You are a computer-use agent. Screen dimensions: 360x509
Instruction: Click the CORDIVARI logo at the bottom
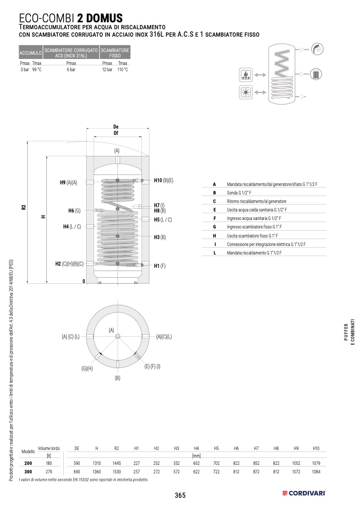coord(304,494)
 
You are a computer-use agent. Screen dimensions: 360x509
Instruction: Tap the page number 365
coord(180,495)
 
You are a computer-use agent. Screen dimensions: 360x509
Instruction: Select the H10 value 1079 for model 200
coord(316,463)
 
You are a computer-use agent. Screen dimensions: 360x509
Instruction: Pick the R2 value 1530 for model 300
coord(116,472)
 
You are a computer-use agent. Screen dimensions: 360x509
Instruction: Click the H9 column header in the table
coord(296,448)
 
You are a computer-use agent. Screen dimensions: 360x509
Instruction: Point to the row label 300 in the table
coord(28,472)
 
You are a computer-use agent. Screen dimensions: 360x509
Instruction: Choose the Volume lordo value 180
coord(49,463)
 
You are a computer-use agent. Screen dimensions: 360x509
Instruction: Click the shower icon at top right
coord(317,49)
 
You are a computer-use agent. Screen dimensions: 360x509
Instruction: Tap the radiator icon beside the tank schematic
coord(316,74)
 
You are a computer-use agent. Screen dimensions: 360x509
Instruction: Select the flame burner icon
coord(246,75)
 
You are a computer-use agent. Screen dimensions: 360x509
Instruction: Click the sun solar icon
coord(246,92)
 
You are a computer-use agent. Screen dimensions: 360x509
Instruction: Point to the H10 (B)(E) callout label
coord(163,181)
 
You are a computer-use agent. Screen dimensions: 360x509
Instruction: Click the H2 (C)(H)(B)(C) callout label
coord(70,264)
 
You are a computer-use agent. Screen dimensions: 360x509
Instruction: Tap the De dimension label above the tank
coord(116,126)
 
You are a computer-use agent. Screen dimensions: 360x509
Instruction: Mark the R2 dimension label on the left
coord(24,207)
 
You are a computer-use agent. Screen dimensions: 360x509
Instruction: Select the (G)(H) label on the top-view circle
coord(87,368)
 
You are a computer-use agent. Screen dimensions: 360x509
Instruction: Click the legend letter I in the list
coord(215,244)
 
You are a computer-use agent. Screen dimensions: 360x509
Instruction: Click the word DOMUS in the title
coord(104,18)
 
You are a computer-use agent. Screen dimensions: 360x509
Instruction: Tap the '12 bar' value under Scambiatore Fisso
coord(107,70)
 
